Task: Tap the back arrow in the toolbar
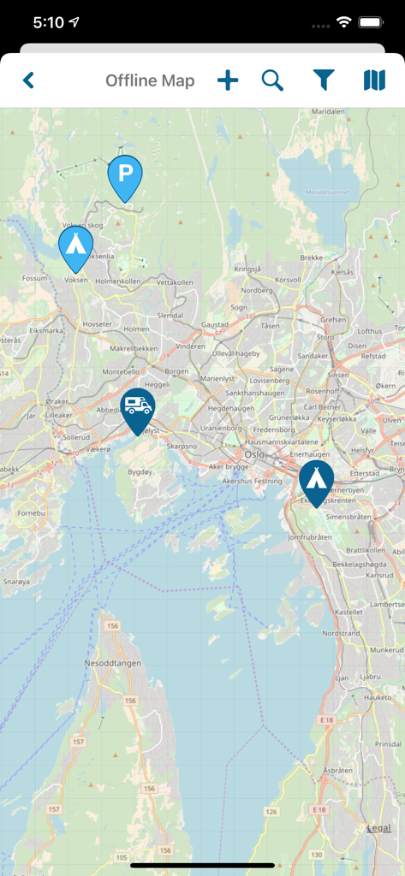(28, 81)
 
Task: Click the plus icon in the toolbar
(228, 81)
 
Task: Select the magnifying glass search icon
(272, 81)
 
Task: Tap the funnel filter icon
(323, 81)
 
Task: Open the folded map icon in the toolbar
(374, 81)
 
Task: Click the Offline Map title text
(150, 81)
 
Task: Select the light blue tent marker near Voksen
(75, 246)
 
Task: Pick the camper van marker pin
(137, 408)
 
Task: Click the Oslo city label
(254, 455)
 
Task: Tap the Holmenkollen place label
(117, 281)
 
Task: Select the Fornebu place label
(31, 513)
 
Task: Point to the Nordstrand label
(342, 634)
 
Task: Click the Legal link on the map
(378, 827)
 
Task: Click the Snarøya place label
(15, 580)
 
